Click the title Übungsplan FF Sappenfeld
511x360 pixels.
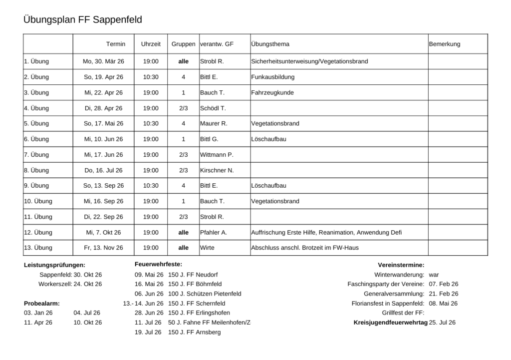(83, 20)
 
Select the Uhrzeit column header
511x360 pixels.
(151, 44)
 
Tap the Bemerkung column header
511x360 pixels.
(444, 44)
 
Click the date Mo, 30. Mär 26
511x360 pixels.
(103, 61)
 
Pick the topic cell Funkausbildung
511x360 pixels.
(273, 77)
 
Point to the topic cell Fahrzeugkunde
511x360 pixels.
(272, 92)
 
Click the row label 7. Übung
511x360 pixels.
(36, 155)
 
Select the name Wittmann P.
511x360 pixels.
(217, 155)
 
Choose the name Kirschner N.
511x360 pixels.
(217, 170)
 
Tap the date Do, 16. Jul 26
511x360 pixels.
(103, 170)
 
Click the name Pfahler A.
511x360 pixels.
(214, 232)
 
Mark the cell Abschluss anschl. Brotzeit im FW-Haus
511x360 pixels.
(305, 248)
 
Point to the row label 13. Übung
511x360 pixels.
(38, 248)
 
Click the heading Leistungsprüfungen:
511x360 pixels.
(55, 265)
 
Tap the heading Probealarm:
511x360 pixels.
(42, 303)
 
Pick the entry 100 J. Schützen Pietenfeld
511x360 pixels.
(205, 294)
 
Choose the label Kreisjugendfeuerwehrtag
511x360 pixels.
(390, 323)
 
